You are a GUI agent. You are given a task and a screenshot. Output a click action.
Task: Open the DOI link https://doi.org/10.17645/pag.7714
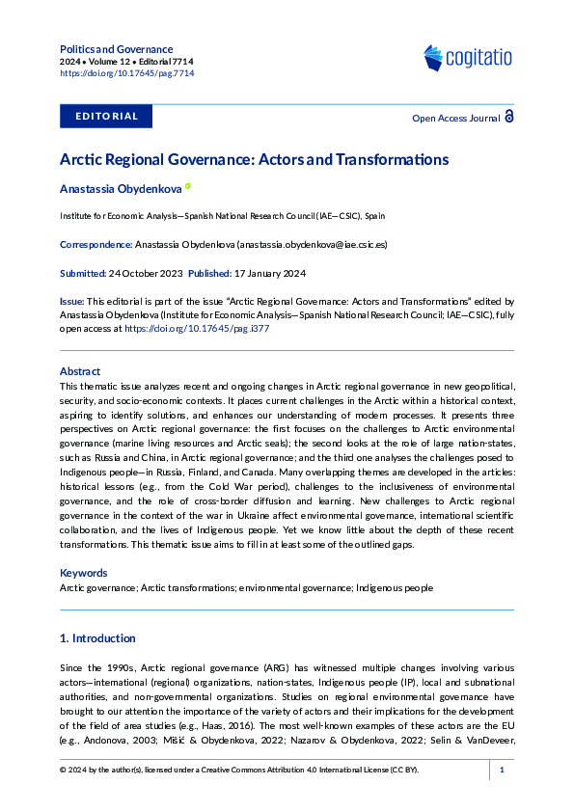coord(126,73)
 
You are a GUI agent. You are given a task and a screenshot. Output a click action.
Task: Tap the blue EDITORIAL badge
coord(106,117)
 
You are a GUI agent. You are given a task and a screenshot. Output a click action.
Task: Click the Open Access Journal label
coord(455,118)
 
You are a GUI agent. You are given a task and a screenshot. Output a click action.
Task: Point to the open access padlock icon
coord(508,117)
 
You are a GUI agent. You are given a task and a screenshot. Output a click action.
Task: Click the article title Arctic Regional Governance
coord(254,159)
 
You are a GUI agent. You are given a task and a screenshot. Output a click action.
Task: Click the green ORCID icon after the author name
coord(188,187)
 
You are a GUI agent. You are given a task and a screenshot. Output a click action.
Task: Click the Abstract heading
coord(80,370)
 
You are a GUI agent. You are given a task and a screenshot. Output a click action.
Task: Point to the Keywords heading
coord(83,573)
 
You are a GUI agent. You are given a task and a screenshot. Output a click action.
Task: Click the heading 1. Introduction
coord(97,638)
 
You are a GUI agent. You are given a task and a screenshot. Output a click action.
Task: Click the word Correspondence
coord(96,245)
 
